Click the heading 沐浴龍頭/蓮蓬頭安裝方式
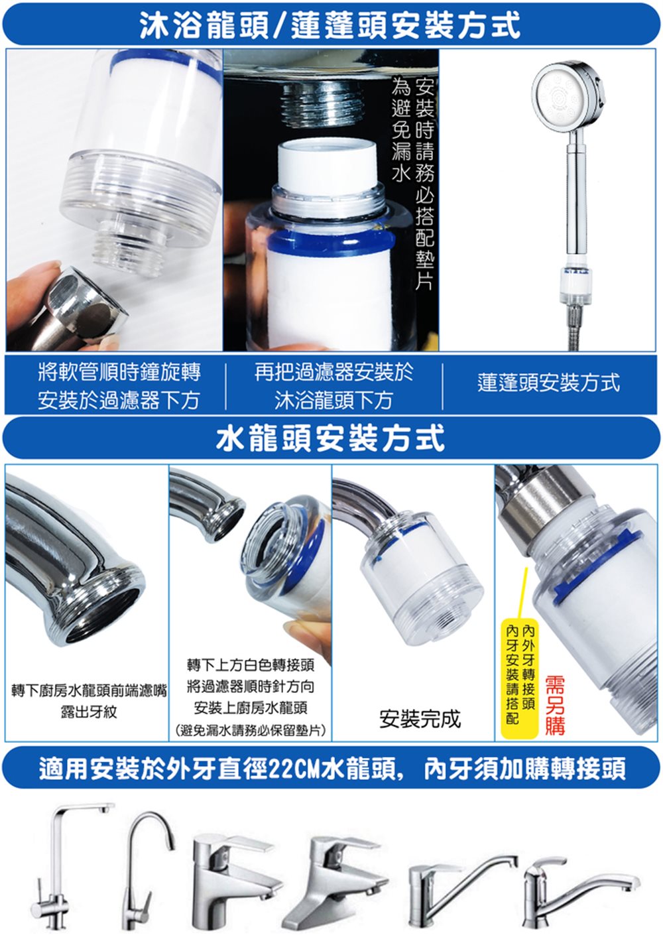coord(330,25)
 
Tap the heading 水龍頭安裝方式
coord(330,438)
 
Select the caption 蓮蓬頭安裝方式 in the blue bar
coord(548,383)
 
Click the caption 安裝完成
coord(419,718)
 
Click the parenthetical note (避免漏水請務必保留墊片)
coord(250,730)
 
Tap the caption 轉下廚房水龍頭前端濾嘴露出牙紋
coord(89,702)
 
